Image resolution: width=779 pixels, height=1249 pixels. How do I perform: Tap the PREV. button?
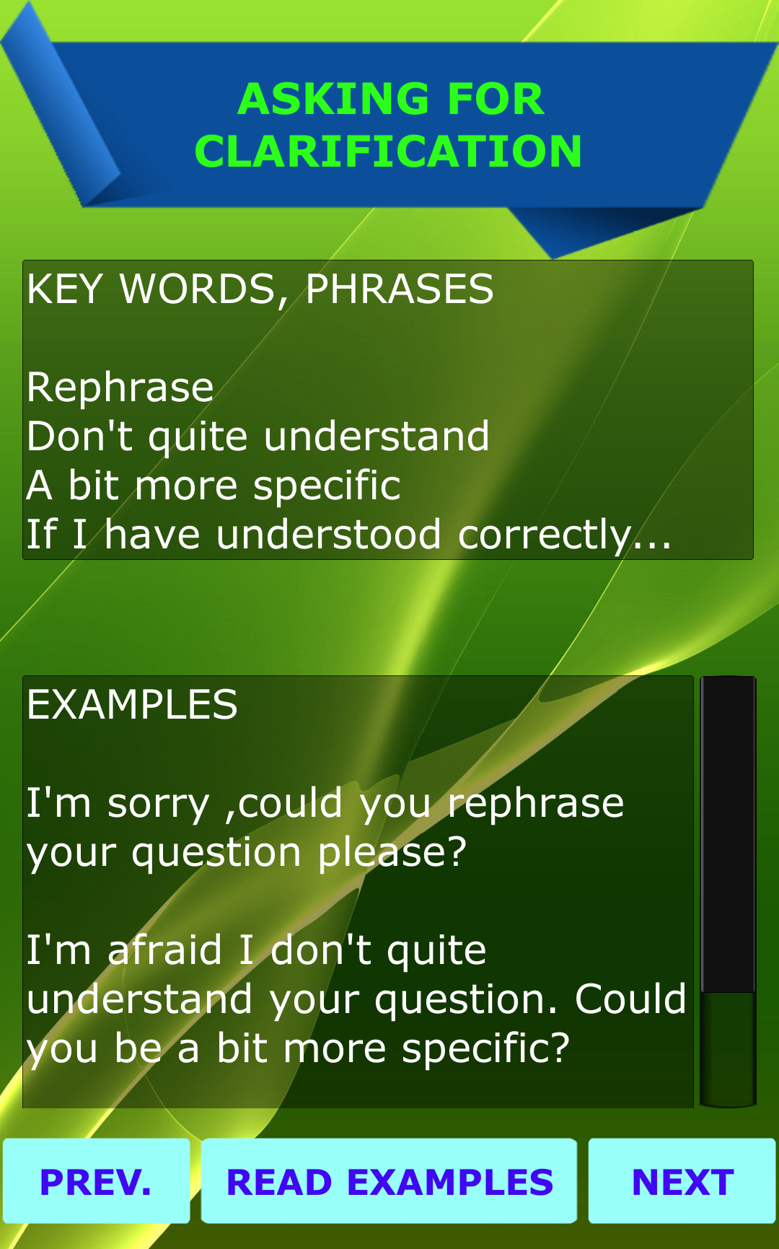[x=96, y=1181]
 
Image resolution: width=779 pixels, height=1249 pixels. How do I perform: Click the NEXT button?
[x=682, y=1181]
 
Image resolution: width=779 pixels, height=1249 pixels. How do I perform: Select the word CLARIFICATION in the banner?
[x=388, y=152]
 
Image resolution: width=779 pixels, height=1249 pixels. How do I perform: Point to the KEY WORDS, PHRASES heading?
[x=260, y=290]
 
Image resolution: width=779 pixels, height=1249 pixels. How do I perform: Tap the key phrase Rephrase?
[x=120, y=387]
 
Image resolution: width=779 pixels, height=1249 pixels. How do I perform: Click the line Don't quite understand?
[x=258, y=437]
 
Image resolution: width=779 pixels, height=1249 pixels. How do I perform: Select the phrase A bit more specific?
[x=214, y=486]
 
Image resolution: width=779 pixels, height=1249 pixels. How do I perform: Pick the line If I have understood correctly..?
[x=349, y=535]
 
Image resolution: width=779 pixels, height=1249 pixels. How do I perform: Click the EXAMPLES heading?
[x=132, y=705]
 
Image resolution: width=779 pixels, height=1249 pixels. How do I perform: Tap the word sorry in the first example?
[x=159, y=805]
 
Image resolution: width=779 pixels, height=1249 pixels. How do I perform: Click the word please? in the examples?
[x=393, y=854]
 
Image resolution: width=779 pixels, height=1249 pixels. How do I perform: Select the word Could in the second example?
[x=630, y=999]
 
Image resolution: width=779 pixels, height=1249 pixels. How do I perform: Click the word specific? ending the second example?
[x=485, y=1050]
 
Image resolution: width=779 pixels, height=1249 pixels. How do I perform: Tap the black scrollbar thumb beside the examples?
[x=729, y=834]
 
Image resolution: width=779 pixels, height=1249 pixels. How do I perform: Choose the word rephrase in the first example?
[x=536, y=805]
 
